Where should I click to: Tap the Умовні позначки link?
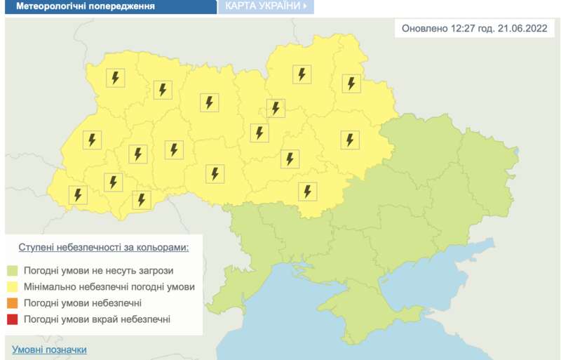49,349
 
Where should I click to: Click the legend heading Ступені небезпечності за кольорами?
103,248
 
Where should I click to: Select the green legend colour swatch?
13,270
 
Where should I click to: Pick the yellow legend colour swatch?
13,287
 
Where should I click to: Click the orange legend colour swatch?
13,303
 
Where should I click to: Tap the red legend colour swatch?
13,320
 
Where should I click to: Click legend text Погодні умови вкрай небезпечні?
96,320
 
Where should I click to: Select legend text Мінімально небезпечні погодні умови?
109,287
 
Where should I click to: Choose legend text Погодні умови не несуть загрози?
97,270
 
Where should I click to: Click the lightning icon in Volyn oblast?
115,78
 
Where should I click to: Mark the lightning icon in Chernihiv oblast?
302,74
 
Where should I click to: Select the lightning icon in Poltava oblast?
350,140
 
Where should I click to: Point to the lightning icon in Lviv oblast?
92,140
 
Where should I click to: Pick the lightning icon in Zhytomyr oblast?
208,102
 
